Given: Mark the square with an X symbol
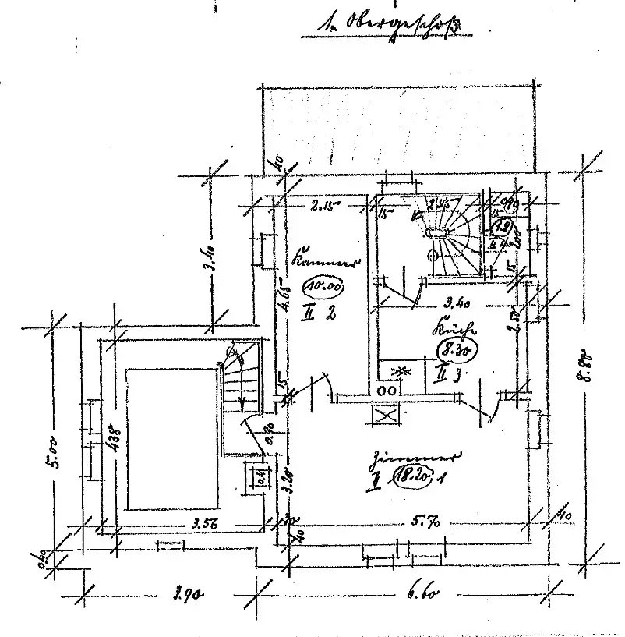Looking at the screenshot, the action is click(x=386, y=413).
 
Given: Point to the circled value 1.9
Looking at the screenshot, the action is click(x=504, y=228).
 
